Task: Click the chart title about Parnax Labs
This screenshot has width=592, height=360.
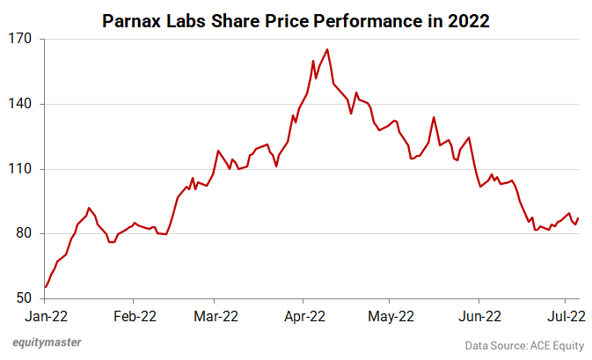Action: coord(296,17)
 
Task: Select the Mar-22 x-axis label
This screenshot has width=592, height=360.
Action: coord(216,315)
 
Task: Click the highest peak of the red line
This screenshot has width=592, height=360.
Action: coord(327,49)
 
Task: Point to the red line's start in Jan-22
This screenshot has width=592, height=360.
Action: coord(45,287)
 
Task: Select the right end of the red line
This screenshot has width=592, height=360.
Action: coord(578,218)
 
